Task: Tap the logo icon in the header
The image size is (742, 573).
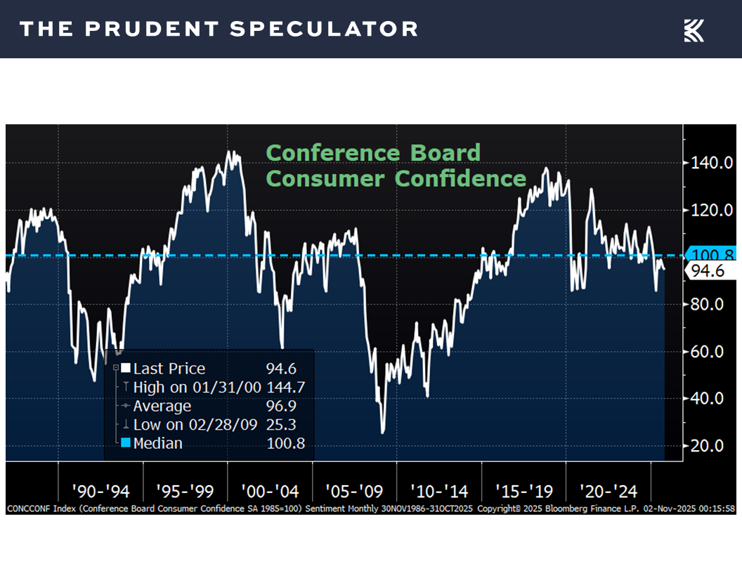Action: click(x=694, y=30)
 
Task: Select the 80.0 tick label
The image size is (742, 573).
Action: click(x=708, y=305)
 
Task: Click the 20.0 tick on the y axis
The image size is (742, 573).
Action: click(x=708, y=446)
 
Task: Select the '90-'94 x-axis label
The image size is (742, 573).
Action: click(x=100, y=491)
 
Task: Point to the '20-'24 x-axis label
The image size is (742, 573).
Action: click(x=607, y=491)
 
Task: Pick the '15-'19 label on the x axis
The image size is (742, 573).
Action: click(x=523, y=491)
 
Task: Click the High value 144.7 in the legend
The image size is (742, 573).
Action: click(x=285, y=388)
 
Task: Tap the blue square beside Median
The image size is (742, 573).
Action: click(x=126, y=443)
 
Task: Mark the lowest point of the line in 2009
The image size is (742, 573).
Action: click(x=383, y=433)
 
